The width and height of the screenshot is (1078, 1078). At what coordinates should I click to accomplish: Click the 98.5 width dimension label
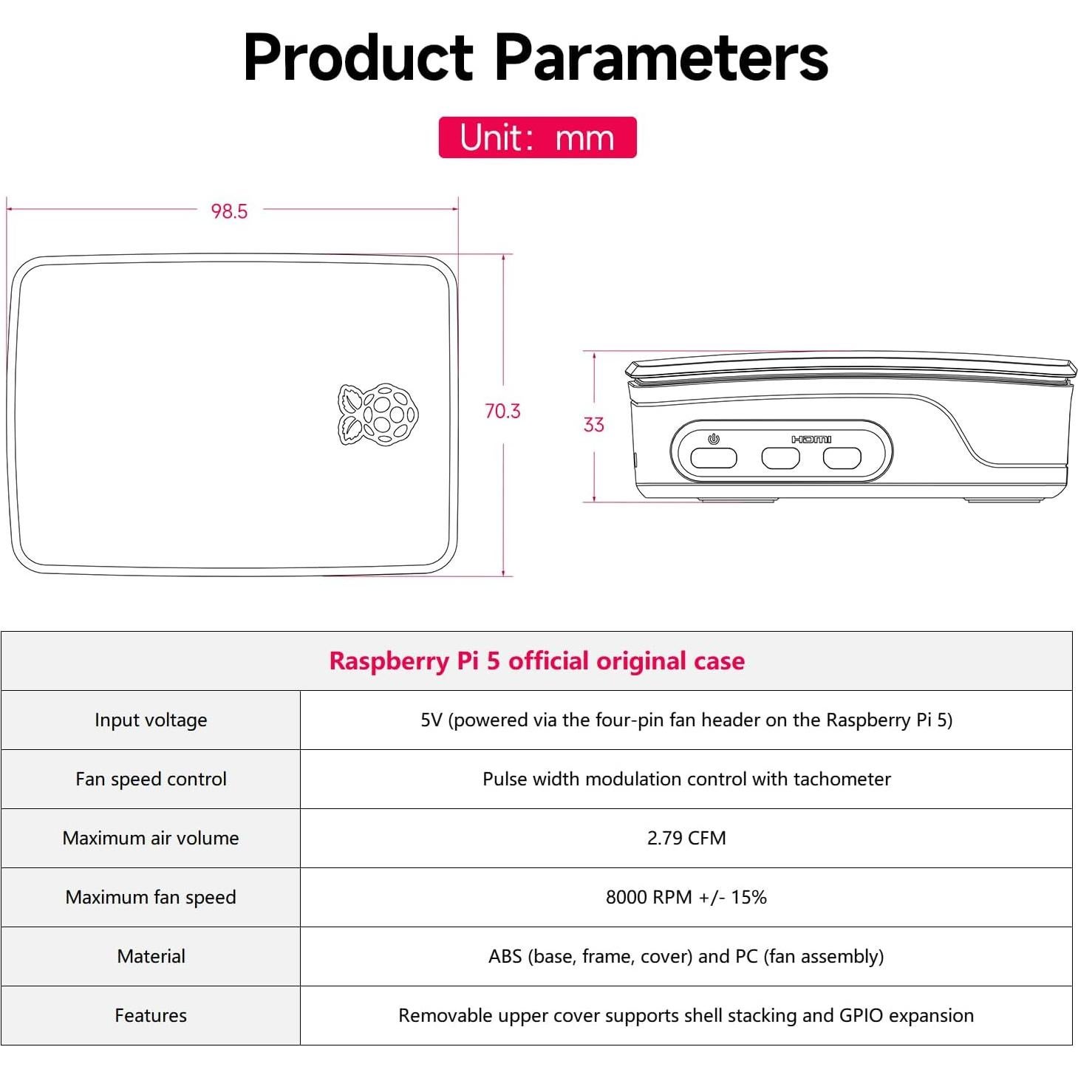(229, 211)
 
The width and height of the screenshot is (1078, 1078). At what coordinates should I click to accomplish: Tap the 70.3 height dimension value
(502, 411)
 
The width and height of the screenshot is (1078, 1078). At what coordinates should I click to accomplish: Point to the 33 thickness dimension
(593, 425)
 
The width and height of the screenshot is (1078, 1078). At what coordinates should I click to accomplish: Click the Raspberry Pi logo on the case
(378, 414)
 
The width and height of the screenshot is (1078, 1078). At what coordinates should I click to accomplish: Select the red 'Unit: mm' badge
(537, 137)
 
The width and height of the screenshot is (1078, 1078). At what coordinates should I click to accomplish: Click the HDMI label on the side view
(811, 440)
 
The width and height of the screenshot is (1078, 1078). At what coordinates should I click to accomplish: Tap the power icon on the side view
(713, 439)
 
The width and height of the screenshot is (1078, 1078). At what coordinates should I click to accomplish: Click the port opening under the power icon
(713, 459)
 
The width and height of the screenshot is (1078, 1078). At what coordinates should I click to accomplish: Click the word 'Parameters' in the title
(661, 58)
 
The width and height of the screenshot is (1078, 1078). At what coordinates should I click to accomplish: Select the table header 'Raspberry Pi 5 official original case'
(537, 661)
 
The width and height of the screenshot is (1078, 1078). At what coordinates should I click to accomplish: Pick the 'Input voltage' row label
(151, 720)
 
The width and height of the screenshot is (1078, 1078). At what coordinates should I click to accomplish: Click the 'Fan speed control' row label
(151, 779)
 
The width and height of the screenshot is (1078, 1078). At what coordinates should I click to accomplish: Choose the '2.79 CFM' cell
(686, 839)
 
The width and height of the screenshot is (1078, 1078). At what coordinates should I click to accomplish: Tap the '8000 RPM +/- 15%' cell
(686, 898)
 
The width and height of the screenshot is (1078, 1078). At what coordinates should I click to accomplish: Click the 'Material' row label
(151, 957)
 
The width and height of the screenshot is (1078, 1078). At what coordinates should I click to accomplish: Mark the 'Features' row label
(151, 1016)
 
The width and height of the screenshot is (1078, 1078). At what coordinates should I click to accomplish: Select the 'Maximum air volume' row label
(151, 839)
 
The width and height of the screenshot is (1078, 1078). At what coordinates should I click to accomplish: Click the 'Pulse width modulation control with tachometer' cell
(686, 779)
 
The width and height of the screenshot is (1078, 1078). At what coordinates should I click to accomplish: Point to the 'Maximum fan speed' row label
(151, 898)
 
